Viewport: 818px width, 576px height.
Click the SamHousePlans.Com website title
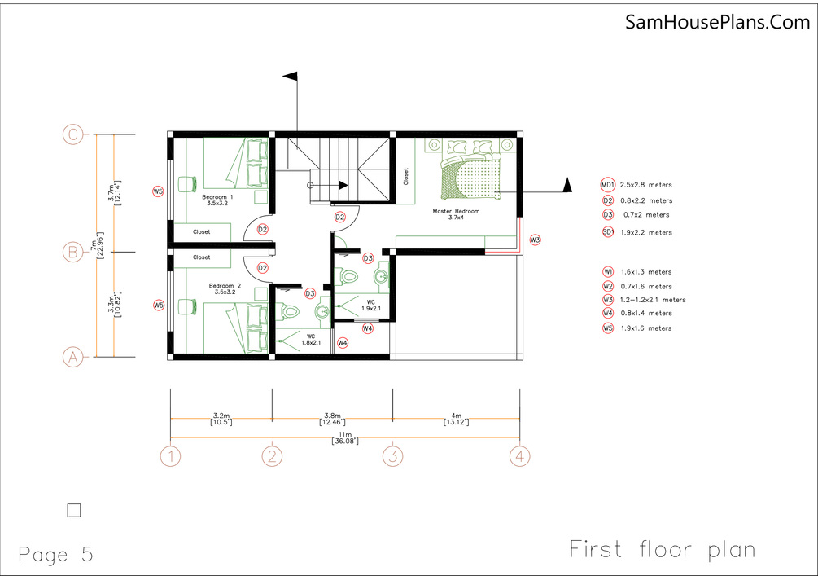click(717, 22)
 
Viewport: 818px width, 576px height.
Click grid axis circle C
click(73, 134)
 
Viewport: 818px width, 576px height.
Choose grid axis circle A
click(73, 357)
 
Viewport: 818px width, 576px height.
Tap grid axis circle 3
click(393, 456)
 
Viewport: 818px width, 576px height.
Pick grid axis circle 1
click(171, 456)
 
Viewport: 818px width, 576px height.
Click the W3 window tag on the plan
click(536, 240)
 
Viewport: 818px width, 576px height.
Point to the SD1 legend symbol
click(608, 232)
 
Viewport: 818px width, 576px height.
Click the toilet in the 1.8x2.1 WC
click(287, 312)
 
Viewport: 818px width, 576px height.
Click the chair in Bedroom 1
click(186, 184)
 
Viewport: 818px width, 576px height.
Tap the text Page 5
click(56, 555)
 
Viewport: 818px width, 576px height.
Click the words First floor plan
click(662, 550)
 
